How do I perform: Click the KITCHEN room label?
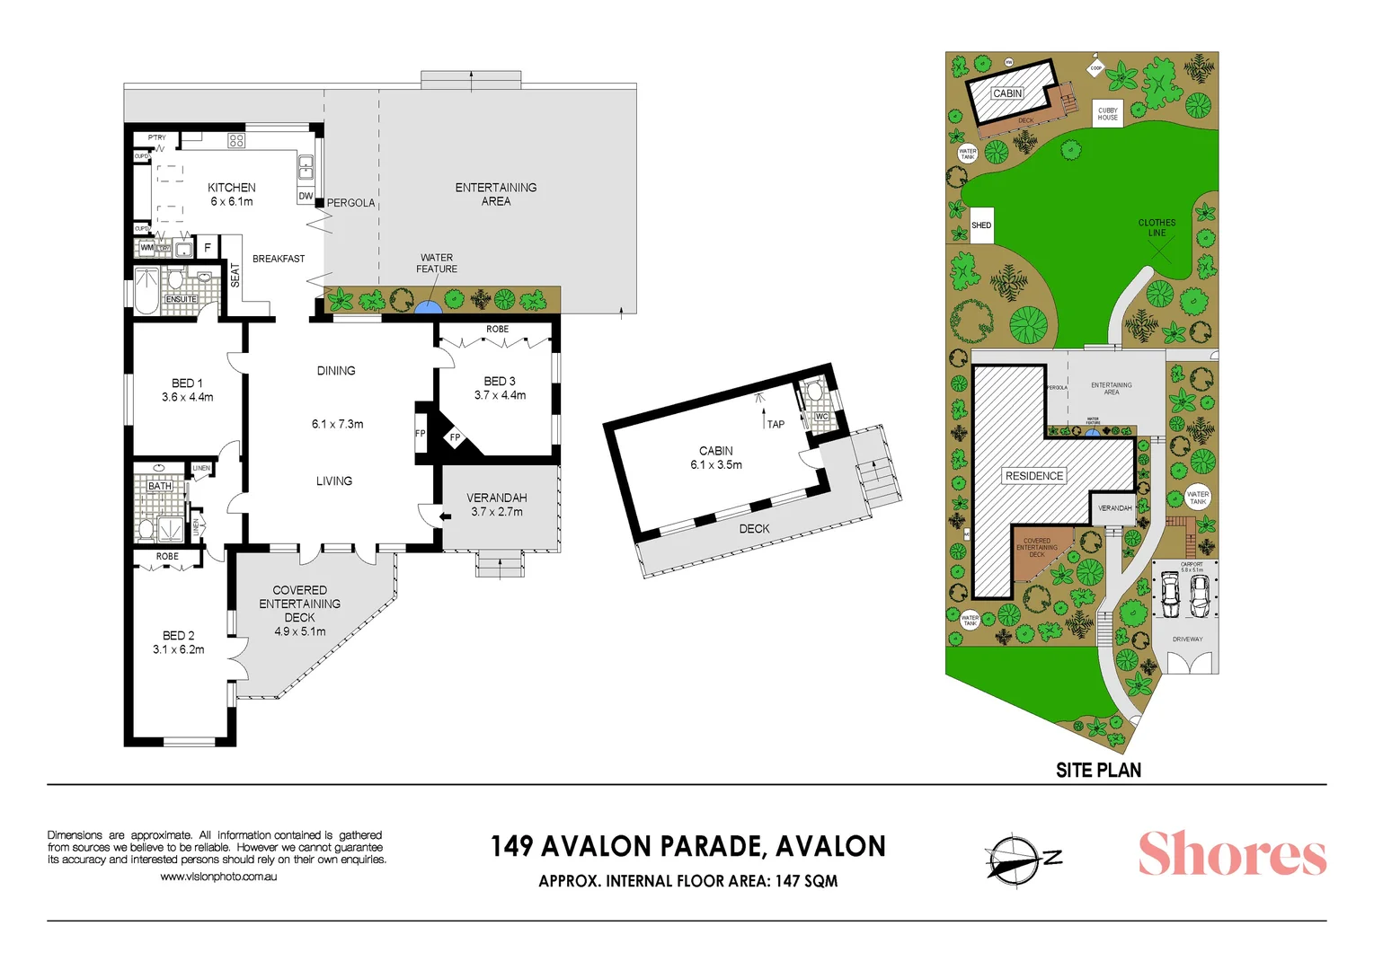(232, 188)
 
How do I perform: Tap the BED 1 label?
(187, 384)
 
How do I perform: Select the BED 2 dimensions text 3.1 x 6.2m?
(178, 649)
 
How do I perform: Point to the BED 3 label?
(500, 382)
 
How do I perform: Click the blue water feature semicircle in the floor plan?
(428, 306)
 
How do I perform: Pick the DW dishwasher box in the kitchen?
(306, 196)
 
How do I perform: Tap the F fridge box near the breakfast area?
(208, 247)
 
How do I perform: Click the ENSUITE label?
(181, 299)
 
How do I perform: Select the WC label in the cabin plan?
(821, 417)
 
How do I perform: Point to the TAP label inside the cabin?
(776, 424)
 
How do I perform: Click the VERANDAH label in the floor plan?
(496, 498)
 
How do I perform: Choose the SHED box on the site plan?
(981, 225)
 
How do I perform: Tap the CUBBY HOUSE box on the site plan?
(1108, 114)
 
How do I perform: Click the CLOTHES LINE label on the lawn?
(1157, 227)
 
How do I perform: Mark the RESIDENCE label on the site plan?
(1034, 476)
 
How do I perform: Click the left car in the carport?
(1170, 594)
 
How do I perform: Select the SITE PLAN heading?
(1098, 771)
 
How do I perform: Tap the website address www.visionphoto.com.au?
(218, 877)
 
